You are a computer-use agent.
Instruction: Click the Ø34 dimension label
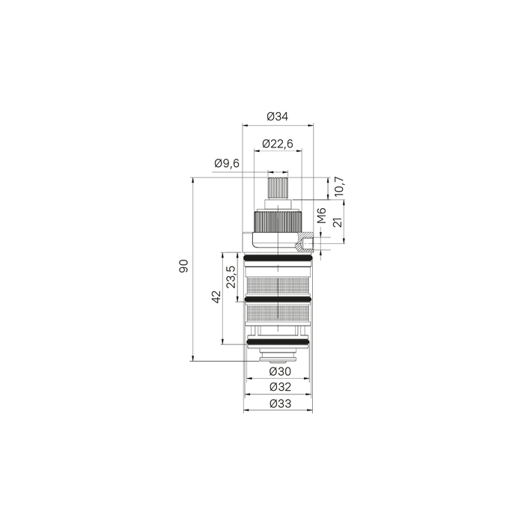point(278,117)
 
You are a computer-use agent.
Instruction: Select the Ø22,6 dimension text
point(278,144)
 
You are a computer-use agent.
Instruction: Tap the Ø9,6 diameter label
point(227,163)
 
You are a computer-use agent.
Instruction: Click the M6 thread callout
point(321,216)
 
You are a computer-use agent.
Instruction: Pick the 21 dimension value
point(338,222)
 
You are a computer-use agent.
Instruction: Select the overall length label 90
point(183,266)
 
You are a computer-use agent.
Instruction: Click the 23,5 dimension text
point(231,277)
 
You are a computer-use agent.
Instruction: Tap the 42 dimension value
point(216,296)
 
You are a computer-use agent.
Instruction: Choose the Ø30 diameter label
point(281,371)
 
